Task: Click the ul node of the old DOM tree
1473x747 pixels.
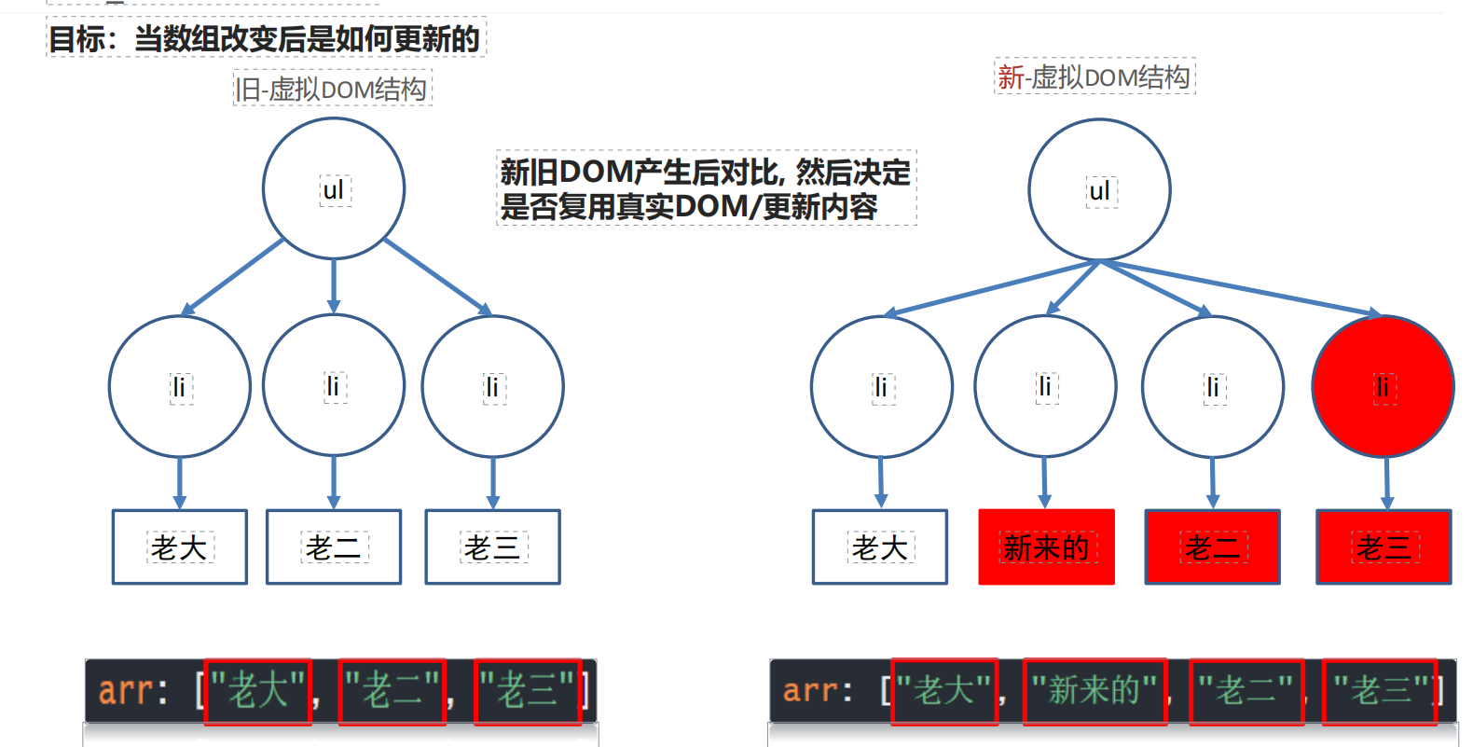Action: pyautogui.click(x=334, y=188)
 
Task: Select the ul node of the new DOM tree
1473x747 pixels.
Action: pyautogui.click(x=1099, y=190)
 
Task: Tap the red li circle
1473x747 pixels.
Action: pyautogui.click(x=1383, y=386)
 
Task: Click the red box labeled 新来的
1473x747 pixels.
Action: pyautogui.click(x=1046, y=547)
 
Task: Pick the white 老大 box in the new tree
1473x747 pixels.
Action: pyautogui.click(x=879, y=547)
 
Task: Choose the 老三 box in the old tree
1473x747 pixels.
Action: pyautogui.click(x=492, y=547)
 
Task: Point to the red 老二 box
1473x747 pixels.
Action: pyautogui.click(x=1212, y=547)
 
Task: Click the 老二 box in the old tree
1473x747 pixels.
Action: pyautogui.click(x=333, y=547)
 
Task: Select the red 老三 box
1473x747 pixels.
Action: pyautogui.click(x=1384, y=547)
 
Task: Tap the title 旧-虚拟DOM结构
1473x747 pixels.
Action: pyautogui.click(x=332, y=90)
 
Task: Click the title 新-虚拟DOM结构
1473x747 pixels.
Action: pyautogui.click(x=1094, y=77)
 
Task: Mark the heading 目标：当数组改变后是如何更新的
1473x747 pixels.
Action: pyautogui.click(x=265, y=39)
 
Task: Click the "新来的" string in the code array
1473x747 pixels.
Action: pyautogui.click(x=1094, y=691)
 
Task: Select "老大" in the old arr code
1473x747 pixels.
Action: pyautogui.click(x=258, y=691)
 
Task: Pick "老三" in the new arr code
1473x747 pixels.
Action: pyautogui.click(x=1378, y=691)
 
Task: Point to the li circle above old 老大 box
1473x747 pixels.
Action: pyautogui.click(x=180, y=386)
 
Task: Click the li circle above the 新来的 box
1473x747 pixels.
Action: pyautogui.click(x=1045, y=386)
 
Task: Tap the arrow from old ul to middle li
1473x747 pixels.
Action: pyautogui.click(x=334, y=286)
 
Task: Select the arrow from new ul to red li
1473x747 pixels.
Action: pyautogui.click(x=1240, y=287)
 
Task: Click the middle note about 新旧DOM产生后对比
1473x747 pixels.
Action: pyautogui.click(x=706, y=188)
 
